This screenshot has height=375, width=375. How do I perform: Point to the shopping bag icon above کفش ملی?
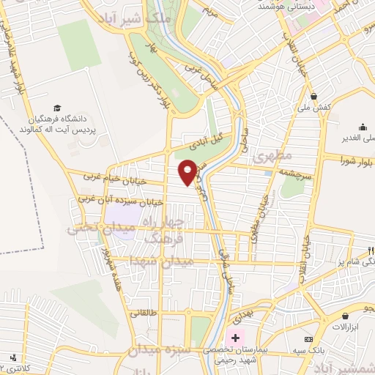(313, 96)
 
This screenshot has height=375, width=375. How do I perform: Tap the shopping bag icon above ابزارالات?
(344, 315)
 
